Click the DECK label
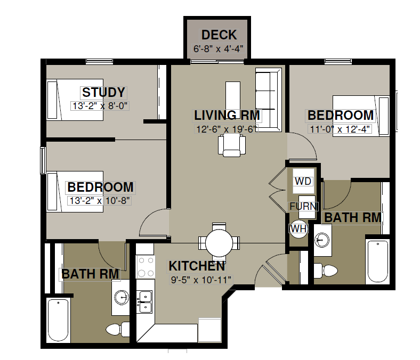click(x=219, y=35)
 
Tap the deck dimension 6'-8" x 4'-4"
click(x=219, y=49)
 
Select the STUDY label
click(x=103, y=92)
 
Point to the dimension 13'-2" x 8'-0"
click(x=100, y=106)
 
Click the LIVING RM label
click(x=227, y=116)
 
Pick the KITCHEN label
click(x=197, y=266)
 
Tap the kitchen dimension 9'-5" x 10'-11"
click(x=201, y=280)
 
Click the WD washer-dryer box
click(x=303, y=181)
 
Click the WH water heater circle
click(x=298, y=229)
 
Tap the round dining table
click(x=219, y=243)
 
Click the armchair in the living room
click(x=232, y=145)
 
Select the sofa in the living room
click(x=269, y=100)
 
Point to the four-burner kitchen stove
click(x=146, y=267)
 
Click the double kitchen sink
click(x=144, y=302)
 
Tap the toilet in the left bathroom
click(x=118, y=329)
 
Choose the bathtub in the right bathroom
click(x=378, y=261)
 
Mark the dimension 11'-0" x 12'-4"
click(x=340, y=129)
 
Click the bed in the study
click(x=75, y=100)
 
